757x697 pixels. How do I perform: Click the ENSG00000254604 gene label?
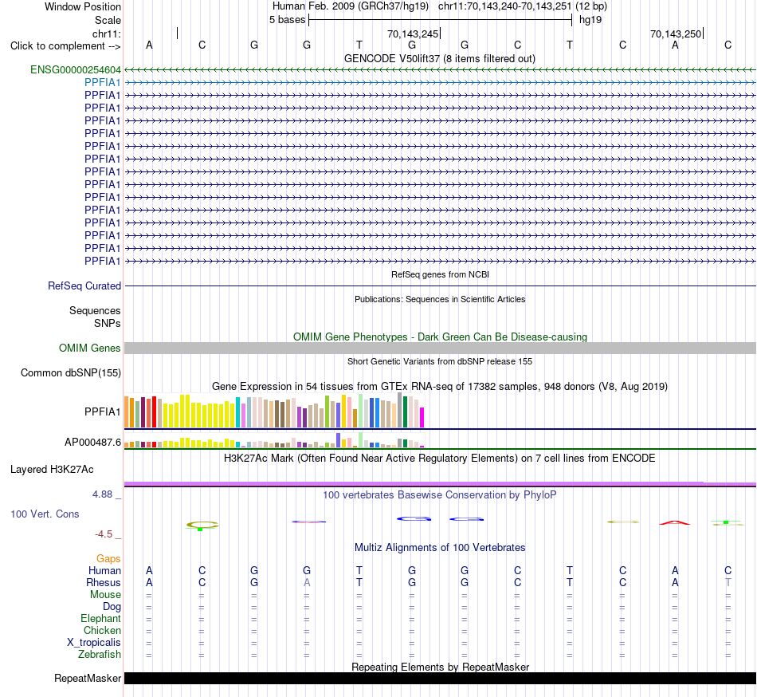(x=76, y=69)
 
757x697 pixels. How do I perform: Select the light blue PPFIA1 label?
(x=102, y=83)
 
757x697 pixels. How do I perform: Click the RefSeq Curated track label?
(x=84, y=286)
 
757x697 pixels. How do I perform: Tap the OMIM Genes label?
(x=90, y=348)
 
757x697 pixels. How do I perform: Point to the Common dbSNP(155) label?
(x=71, y=373)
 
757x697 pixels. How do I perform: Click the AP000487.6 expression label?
(x=92, y=442)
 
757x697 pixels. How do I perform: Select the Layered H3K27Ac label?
(x=52, y=470)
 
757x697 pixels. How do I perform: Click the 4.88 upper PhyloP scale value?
(x=102, y=494)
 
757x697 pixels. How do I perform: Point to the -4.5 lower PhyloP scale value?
(x=104, y=534)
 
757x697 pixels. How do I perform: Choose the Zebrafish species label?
(x=100, y=655)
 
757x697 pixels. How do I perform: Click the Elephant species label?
(x=101, y=619)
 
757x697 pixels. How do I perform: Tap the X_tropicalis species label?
(x=94, y=643)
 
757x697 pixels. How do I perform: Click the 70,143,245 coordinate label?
(x=413, y=34)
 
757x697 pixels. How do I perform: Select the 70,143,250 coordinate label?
(x=676, y=34)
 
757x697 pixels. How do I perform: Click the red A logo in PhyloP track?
(x=675, y=522)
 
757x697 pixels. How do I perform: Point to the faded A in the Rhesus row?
(x=307, y=583)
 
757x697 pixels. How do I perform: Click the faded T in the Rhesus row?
(x=728, y=583)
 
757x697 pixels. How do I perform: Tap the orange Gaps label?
(x=108, y=559)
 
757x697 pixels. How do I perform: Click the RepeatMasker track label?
(x=88, y=679)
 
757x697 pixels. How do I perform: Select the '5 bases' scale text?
(x=287, y=20)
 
